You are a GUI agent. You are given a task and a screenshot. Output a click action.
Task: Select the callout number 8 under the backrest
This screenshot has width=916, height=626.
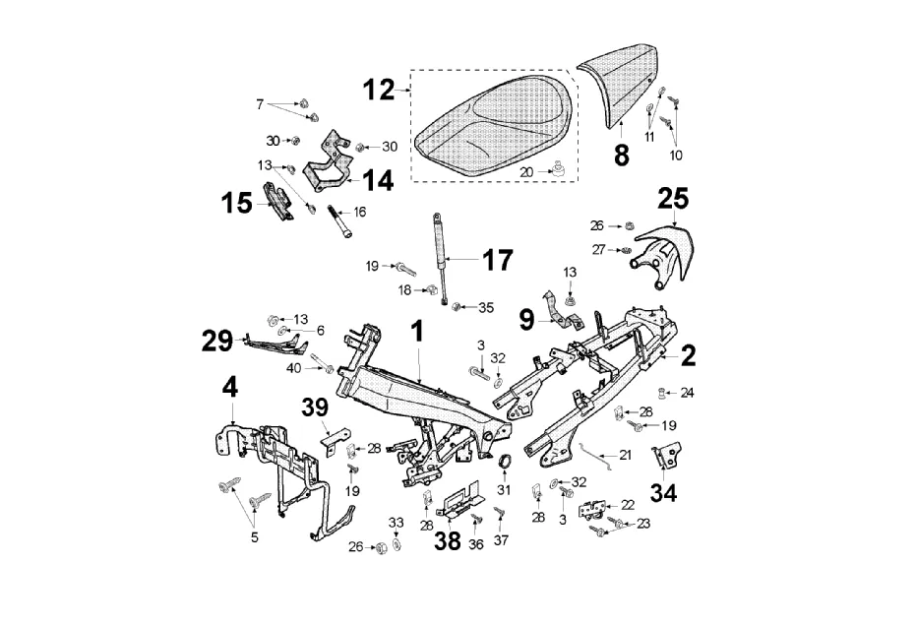click(x=621, y=156)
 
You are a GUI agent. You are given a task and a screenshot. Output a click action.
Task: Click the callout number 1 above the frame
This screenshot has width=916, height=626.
click(x=417, y=331)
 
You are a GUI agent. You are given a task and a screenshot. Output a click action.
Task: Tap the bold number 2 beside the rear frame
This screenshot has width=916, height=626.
click(x=688, y=353)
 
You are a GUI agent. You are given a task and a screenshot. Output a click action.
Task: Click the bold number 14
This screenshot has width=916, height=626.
click(x=378, y=180)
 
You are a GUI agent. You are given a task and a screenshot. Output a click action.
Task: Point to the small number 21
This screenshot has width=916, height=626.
click(x=625, y=455)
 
